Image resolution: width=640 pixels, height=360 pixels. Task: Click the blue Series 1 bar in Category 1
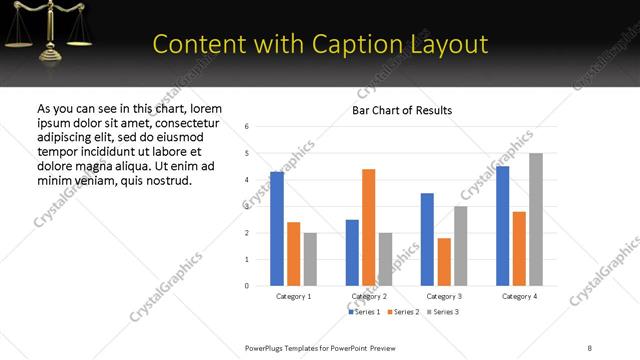tap(277, 229)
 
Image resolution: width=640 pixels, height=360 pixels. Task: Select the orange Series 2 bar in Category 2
tap(368, 227)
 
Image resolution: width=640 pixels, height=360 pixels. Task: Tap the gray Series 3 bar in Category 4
tap(536, 219)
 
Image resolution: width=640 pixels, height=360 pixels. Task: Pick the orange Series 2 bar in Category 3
tap(444, 262)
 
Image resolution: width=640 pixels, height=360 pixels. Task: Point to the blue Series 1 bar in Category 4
tap(502, 226)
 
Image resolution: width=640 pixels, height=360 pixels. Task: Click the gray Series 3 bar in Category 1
tap(310, 259)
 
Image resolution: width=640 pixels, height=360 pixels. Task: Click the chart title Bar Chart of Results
tap(402, 110)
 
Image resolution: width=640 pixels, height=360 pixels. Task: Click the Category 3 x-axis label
tap(443, 297)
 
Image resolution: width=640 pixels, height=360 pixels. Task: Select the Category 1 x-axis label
tap(293, 297)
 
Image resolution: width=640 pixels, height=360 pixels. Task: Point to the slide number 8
tap(590, 347)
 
